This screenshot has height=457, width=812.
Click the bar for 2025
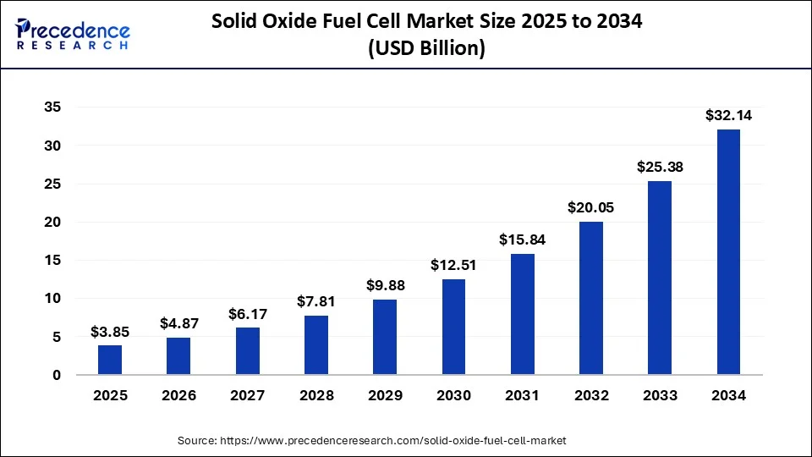click(110, 360)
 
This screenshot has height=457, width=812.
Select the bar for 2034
click(728, 251)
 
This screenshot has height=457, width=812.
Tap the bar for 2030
click(453, 327)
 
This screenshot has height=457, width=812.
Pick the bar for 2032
click(591, 298)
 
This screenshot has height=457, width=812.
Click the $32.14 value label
click(728, 116)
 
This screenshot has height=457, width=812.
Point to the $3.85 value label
click(110, 332)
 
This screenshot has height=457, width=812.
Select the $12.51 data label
click(453, 266)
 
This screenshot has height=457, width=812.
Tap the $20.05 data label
click(591, 208)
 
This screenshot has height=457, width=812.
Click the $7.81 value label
click(316, 301)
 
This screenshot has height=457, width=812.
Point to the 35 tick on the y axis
click(52, 107)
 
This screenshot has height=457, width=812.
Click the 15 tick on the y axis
click(52, 260)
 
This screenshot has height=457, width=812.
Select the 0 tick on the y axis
click(56, 375)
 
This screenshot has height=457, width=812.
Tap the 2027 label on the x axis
click(247, 395)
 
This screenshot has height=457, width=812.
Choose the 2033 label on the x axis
click(660, 395)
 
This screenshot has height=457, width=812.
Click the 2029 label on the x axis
click(385, 395)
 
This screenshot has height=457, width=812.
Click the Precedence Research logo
click(73, 34)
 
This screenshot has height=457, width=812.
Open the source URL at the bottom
click(371, 441)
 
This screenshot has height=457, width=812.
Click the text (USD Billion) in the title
click(426, 49)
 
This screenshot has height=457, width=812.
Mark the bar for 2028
click(316, 344)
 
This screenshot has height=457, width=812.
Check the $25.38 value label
click(660, 168)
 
